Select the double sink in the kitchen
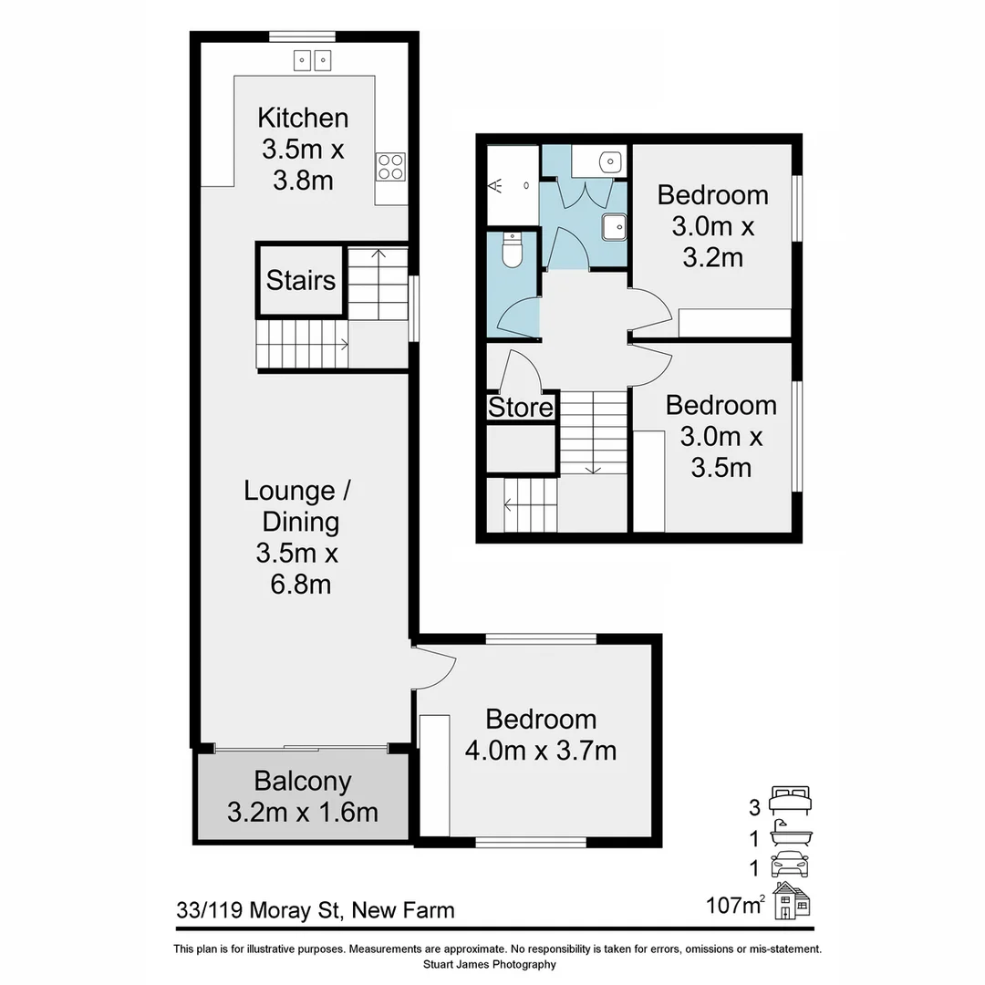(x=313, y=60)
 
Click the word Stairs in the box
(x=301, y=280)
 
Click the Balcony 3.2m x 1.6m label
(x=302, y=796)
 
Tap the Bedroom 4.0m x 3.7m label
(x=541, y=735)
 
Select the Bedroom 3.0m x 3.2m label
(x=712, y=226)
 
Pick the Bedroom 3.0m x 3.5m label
(x=721, y=436)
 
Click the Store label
(x=521, y=408)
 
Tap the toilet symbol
(x=512, y=252)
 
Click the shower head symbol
(x=498, y=186)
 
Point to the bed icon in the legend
(x=790, y=800)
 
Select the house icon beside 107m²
(x=792, y=901)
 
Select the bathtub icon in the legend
(x=790, y=832)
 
